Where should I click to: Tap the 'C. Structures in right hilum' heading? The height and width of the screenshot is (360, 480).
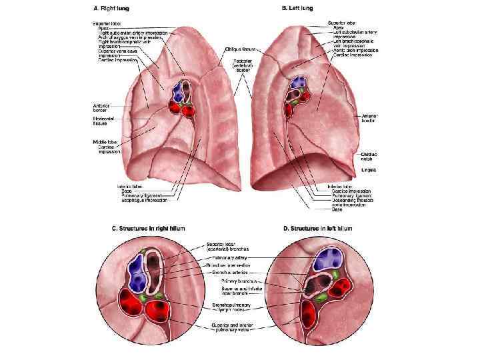148,229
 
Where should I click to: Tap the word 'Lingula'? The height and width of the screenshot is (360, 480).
369,170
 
